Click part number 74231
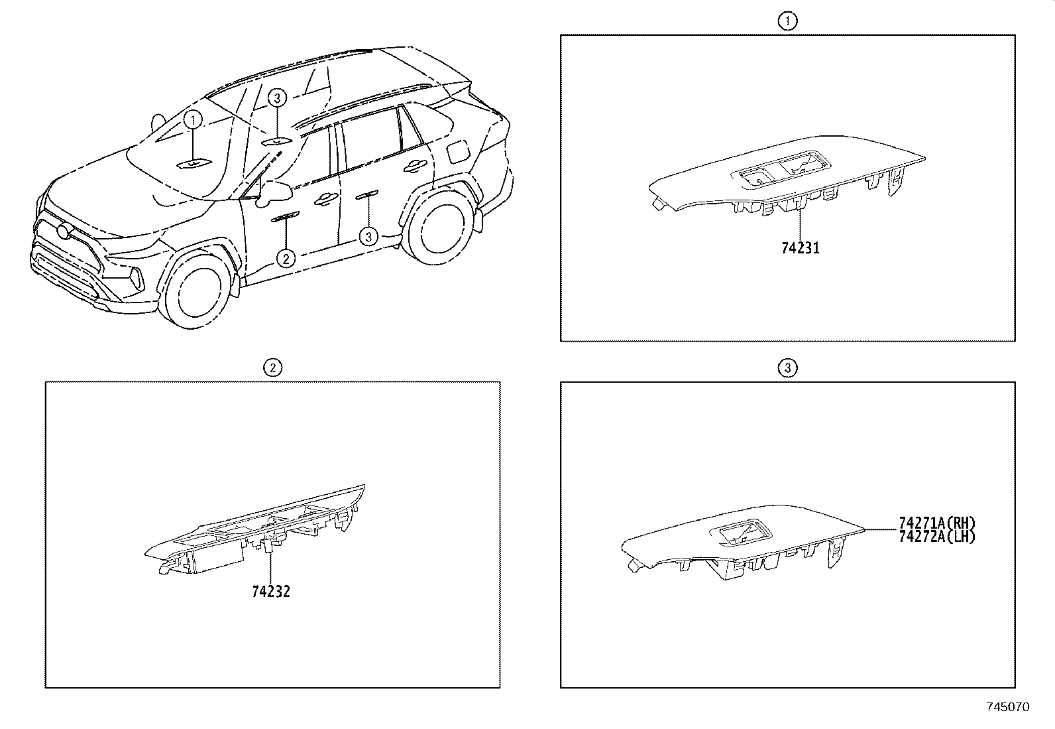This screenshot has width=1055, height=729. pyautogui.click(x=801, y=249)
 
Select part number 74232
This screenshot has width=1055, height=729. pyautogui.click(x=271, y=591)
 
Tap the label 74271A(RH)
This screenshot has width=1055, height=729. pyautogui.click(x=937, y=523)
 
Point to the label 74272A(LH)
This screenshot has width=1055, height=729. pyautogui.click(x=937, y=537)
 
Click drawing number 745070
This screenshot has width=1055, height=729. pyautogui.click(x=1008, y=707)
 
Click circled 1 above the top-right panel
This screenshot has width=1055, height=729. pyautogui.click(x=787, y=21)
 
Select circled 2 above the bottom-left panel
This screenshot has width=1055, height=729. pyautogui.click(x=272, y=368)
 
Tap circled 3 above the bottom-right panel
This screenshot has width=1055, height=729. pyautogui.click(x=787, y=368)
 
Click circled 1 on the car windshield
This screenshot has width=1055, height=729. pyautogui.click(x=193, y=120)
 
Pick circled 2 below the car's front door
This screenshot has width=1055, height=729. pyautogui.click(x=286, y=258)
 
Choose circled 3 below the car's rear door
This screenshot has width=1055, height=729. pyautogui.click(x=368, y=236)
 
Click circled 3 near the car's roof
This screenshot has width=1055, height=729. pyautogui.click(x=278, y=98)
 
